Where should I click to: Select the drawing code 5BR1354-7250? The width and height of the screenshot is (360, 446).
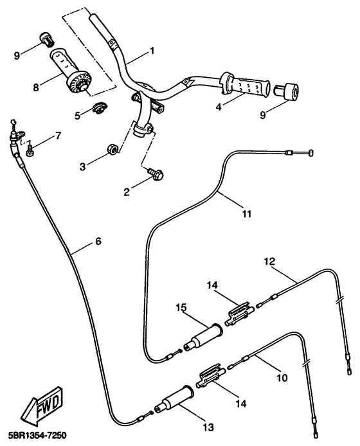click(34, 435)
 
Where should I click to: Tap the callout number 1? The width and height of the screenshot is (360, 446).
click(152, 51)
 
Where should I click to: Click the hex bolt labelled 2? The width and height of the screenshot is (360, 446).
click(156, 174)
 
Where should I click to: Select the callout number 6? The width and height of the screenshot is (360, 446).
click(98, 242)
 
